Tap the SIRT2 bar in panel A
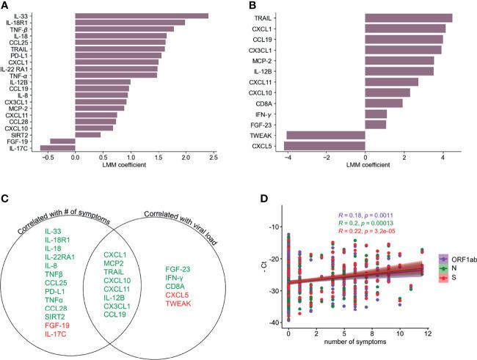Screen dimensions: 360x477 [x=87, y=134]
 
